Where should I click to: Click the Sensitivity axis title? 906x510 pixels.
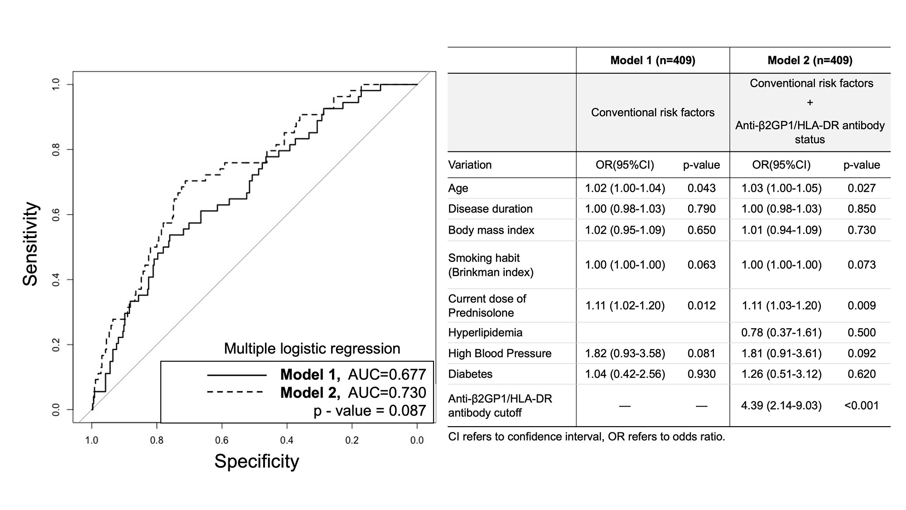coord(31,244)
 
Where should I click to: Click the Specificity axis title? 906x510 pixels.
coord(256,461)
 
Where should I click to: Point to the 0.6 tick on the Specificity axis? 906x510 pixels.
coord(222,440)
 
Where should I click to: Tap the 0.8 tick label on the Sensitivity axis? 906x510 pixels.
coord(56,150)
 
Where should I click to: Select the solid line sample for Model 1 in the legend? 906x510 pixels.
coord(236,375)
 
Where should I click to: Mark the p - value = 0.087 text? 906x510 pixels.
coord(370,411)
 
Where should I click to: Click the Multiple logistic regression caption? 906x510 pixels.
coord(312,349)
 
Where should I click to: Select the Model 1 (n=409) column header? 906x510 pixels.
coord(652,60)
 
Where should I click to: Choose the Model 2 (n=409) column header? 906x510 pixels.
coord(810,60)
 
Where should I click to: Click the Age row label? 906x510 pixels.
coord(458,188)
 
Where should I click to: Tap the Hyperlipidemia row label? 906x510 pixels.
coord(485,332)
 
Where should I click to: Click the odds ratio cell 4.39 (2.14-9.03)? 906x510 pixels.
coord(781,405)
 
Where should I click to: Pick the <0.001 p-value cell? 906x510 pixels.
coord(861,405)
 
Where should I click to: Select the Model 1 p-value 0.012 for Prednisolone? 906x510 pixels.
coord(701,306)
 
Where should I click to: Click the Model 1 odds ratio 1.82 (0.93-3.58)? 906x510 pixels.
coord(625,353)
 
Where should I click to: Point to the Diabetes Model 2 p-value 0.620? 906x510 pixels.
coord(861,374)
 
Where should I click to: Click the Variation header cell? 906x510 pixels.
coord(470,165)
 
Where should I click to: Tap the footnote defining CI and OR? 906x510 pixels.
coord(586,437)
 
